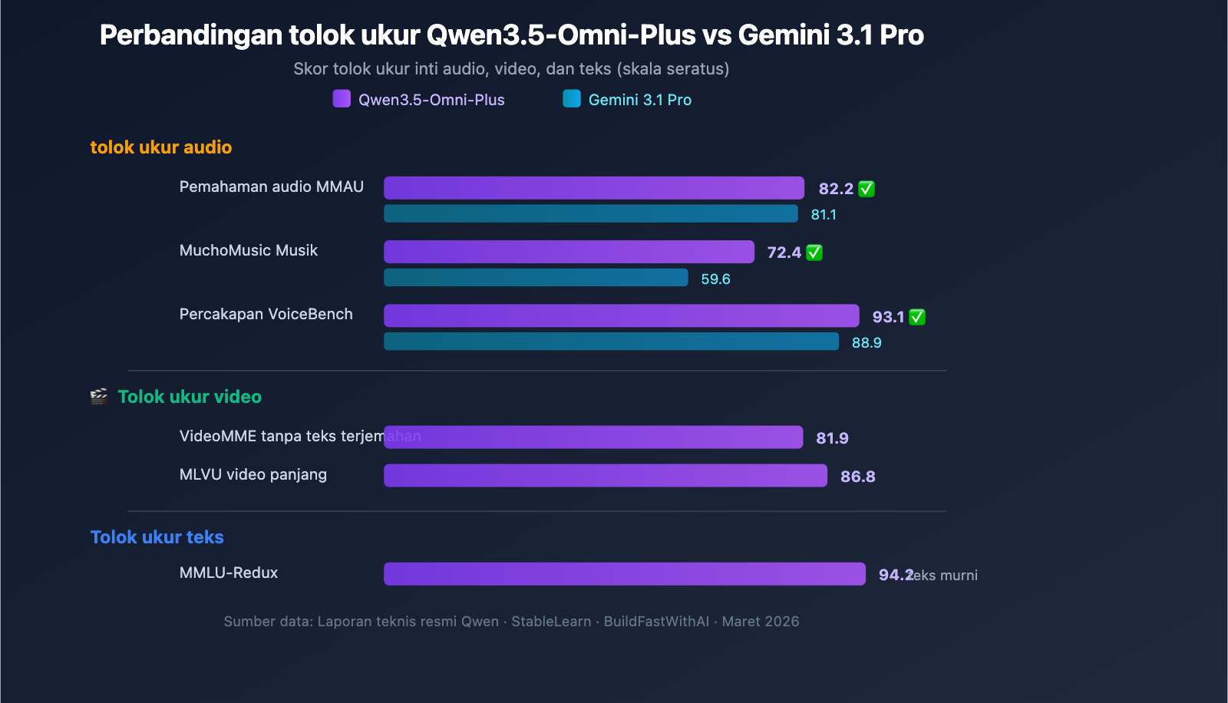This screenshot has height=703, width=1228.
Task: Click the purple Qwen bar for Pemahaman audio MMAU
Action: (x=593, y=188)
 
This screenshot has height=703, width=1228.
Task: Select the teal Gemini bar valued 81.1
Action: (x=590, y=214)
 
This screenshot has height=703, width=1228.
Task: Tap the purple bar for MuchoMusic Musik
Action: (x=569, y=252)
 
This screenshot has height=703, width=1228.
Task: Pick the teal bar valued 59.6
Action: (x=536, y=278)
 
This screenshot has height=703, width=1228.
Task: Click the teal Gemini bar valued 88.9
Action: (x=611, y=342)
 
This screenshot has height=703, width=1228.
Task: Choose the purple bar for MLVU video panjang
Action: (x=605, y=476)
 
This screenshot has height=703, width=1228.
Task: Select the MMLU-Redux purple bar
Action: (x=624, y=574)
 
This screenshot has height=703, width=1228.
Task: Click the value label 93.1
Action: (x=888, y=317)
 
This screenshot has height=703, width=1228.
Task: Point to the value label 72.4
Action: (x=784, y=252)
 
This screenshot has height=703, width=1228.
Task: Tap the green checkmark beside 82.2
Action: (x=867, y=189)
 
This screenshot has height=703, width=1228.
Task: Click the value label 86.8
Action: (x=857, y=477)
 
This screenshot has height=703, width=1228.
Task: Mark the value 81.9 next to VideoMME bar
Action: (x=832, y=438)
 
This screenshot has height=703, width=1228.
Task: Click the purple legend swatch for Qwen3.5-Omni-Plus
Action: (x=342, y=99)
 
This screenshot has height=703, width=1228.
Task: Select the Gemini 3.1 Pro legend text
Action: (x=639, y=100)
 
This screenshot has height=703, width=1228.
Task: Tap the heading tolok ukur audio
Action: (x=161, y=147)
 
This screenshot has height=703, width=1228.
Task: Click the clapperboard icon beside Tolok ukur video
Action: (x=99, y=397)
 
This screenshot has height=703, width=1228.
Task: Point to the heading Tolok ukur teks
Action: (x=157, y=537)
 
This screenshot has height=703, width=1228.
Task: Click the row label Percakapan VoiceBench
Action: (x=266, y=314)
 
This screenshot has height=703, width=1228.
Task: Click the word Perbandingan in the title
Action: (x=191, y=35)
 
